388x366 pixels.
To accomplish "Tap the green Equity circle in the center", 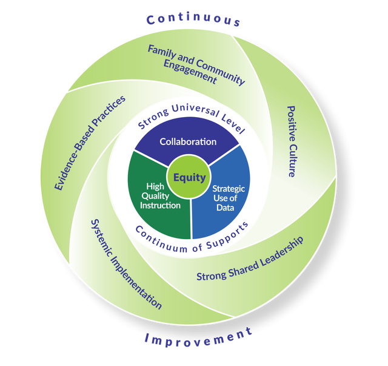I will coord(189,178).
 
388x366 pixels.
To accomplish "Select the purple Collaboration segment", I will coord(188,142).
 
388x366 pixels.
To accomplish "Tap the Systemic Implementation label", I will coord(125,264).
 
